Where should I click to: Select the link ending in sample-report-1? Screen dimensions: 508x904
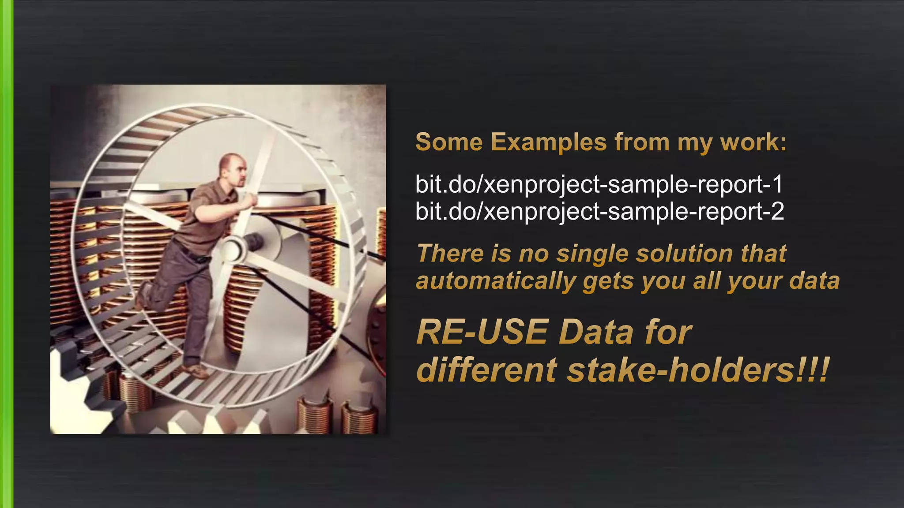tap(599, 184)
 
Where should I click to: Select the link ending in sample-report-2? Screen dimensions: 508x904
tap(599, 211)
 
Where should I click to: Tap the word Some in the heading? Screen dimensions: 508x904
tap(449, 142)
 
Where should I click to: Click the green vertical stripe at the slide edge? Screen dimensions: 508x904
tap(6, 254)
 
